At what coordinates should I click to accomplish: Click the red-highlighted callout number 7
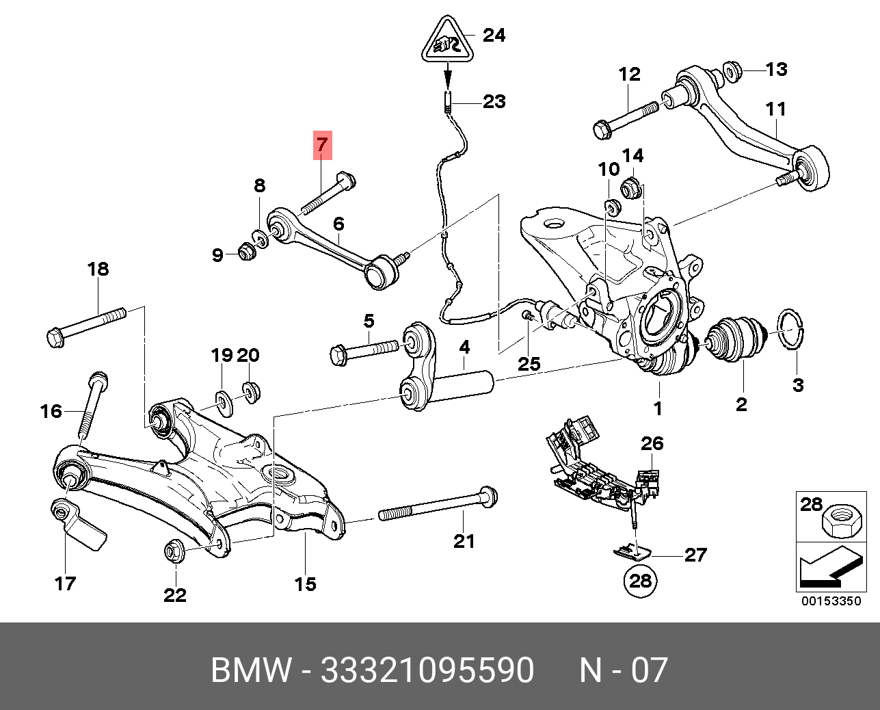[x=322, y=144]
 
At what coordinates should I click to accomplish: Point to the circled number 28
[x=640, y=581]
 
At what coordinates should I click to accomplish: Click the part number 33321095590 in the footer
[x=427, y=670]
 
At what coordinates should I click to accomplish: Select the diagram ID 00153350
[x=831, y=601]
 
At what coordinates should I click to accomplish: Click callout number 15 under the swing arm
[x=306, y=583]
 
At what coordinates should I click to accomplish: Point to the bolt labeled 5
[x=362, y=350]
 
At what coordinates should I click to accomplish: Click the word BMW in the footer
[x=251, y=670]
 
